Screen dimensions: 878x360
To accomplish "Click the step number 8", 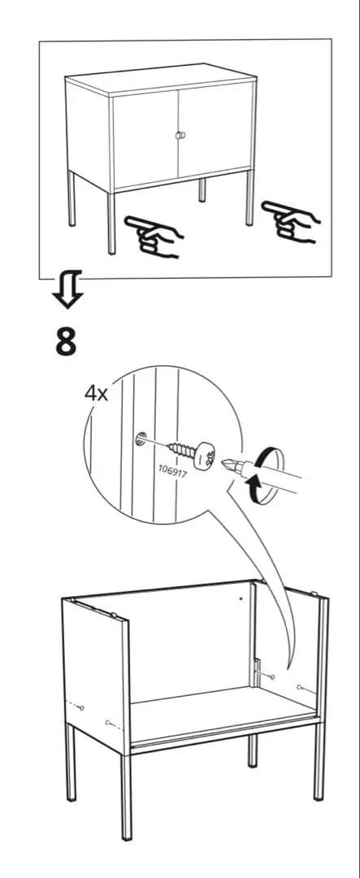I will [x=67, y=342].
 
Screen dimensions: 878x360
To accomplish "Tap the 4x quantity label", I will [x=96, y=393].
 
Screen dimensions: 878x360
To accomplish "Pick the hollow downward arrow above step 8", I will [x=67, y=292].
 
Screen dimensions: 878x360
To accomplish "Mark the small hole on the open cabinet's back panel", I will [x=241, y=599].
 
